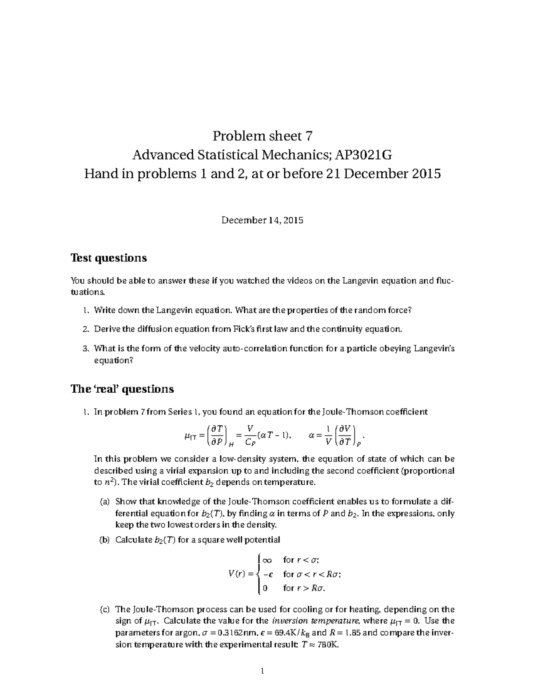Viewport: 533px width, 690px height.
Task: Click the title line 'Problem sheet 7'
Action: pyautogui.click(x=263, y=136)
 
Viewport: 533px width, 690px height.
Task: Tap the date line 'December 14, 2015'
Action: pyautogui.click(x=263, y=220)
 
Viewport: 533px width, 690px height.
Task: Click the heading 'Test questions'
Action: pyautogui.click(x=109, y=258)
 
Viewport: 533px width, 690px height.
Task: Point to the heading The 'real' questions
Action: pyautogui.click(x=122, y=389)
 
